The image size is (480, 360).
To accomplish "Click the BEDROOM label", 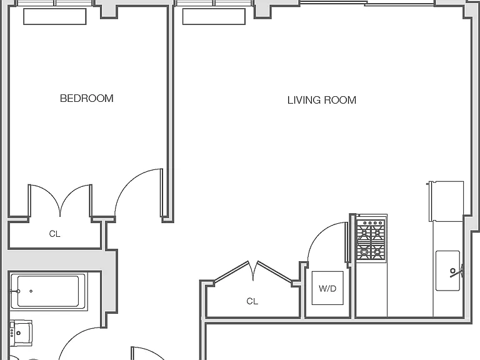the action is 87,98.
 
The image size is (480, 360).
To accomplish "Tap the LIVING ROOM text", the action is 322,100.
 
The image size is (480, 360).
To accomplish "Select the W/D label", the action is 327,288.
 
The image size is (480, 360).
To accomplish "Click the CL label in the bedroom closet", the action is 54,234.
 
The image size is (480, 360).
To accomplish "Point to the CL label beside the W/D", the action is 252,301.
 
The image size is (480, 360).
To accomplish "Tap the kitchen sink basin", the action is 447,271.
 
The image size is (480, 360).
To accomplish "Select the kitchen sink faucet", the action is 456,271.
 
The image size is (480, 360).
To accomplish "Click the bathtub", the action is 48,291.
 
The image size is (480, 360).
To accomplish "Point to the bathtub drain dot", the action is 31,291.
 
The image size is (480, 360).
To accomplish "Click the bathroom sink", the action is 21,333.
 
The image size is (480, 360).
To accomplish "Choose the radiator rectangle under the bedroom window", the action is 55,16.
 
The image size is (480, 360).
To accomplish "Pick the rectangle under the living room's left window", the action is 214,16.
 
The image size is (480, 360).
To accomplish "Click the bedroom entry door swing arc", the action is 129,182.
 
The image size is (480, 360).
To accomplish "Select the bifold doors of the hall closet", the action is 253,271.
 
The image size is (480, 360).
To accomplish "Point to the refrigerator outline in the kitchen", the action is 446,201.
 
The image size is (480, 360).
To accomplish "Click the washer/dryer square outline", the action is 327,288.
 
